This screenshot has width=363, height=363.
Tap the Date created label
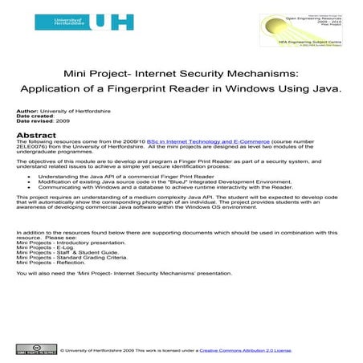coord(35,120)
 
